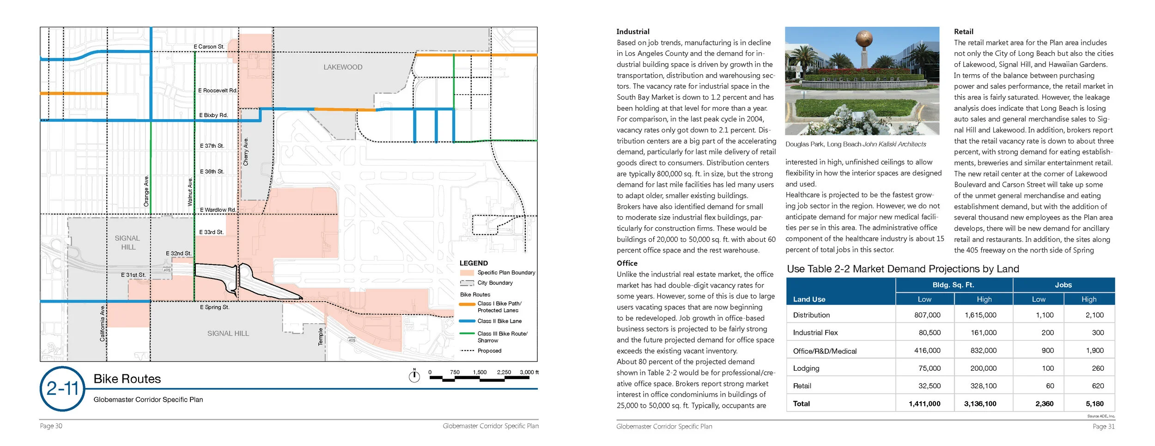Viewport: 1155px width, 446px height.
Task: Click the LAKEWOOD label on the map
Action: (343, 67)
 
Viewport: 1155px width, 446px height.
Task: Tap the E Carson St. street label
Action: (209, 47)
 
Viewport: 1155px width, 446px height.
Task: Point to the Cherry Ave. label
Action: (246, 151)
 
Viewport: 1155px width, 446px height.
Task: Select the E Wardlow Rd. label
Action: (218, 210)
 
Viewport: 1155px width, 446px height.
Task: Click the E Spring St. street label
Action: (214, 307)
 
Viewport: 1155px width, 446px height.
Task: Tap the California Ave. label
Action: (103, 323)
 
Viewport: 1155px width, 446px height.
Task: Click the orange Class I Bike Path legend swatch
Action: (467, 304)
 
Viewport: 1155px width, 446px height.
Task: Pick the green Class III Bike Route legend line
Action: (467, 333)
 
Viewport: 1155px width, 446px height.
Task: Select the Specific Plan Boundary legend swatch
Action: (467, 273)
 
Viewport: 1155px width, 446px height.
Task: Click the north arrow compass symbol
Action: (414, 377)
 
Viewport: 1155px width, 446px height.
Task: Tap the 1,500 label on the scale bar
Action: (480, 372)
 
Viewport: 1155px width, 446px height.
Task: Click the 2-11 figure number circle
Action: (63, 389)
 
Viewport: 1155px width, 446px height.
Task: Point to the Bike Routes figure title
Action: (127, 379)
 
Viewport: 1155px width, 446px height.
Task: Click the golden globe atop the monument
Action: (863, 39)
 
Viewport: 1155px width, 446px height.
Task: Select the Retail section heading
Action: (963, 32)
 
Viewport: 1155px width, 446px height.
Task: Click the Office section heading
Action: (627, 263)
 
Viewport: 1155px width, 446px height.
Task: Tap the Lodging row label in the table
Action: (806, 368)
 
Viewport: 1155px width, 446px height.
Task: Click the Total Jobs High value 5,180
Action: (1094, 404)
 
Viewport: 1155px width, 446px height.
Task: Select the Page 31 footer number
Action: (1103, 427)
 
